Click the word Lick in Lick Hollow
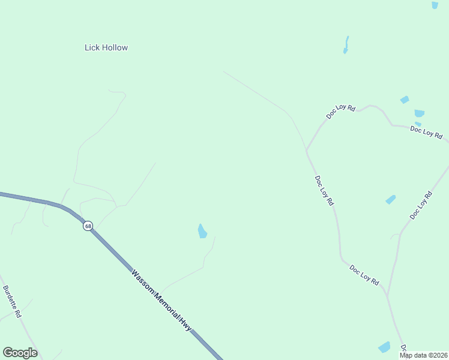pos(92,47)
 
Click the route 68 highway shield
pos(88,226)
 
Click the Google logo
pos(20,353)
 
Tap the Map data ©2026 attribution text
pos(423,355)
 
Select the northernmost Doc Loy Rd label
pos(340,112)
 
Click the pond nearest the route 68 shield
pos(202,231)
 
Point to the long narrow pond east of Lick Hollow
pos(346,45)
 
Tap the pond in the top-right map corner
pos(435,5)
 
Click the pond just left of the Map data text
pos(384,347)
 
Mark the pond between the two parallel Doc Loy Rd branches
pos(391,199)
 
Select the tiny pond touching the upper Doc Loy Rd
pos(418,124)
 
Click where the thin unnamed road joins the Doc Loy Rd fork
pos(307,150)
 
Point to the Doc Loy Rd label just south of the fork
pos(324,191)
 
